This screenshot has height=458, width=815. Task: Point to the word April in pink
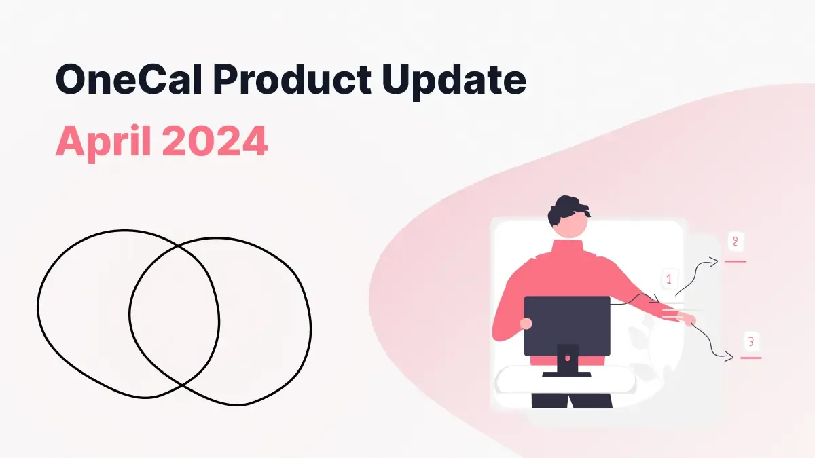pyautogui.click(x=102, y=141)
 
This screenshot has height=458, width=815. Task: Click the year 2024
pyautogui.click(x=215, y=141)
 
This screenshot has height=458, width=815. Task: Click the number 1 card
pyautogui.click(x=669, y=279)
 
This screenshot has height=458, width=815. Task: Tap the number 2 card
pyautogui.click(x=735, y=242)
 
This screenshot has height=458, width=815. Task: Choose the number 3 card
pyautogui.click(x=750, y=341)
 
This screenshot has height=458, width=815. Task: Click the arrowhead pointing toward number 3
pyautogui.click(x=729, y=356)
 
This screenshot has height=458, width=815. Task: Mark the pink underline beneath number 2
pyautogui.click(x=736, y=261)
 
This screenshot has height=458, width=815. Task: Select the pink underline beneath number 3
pyautogui.click(x=750, y=357)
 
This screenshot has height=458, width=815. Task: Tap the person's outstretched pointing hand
pyautogui.click(x=689, y=320)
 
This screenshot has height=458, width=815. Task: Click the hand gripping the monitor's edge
pyautogui.click(x=525, y=324)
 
